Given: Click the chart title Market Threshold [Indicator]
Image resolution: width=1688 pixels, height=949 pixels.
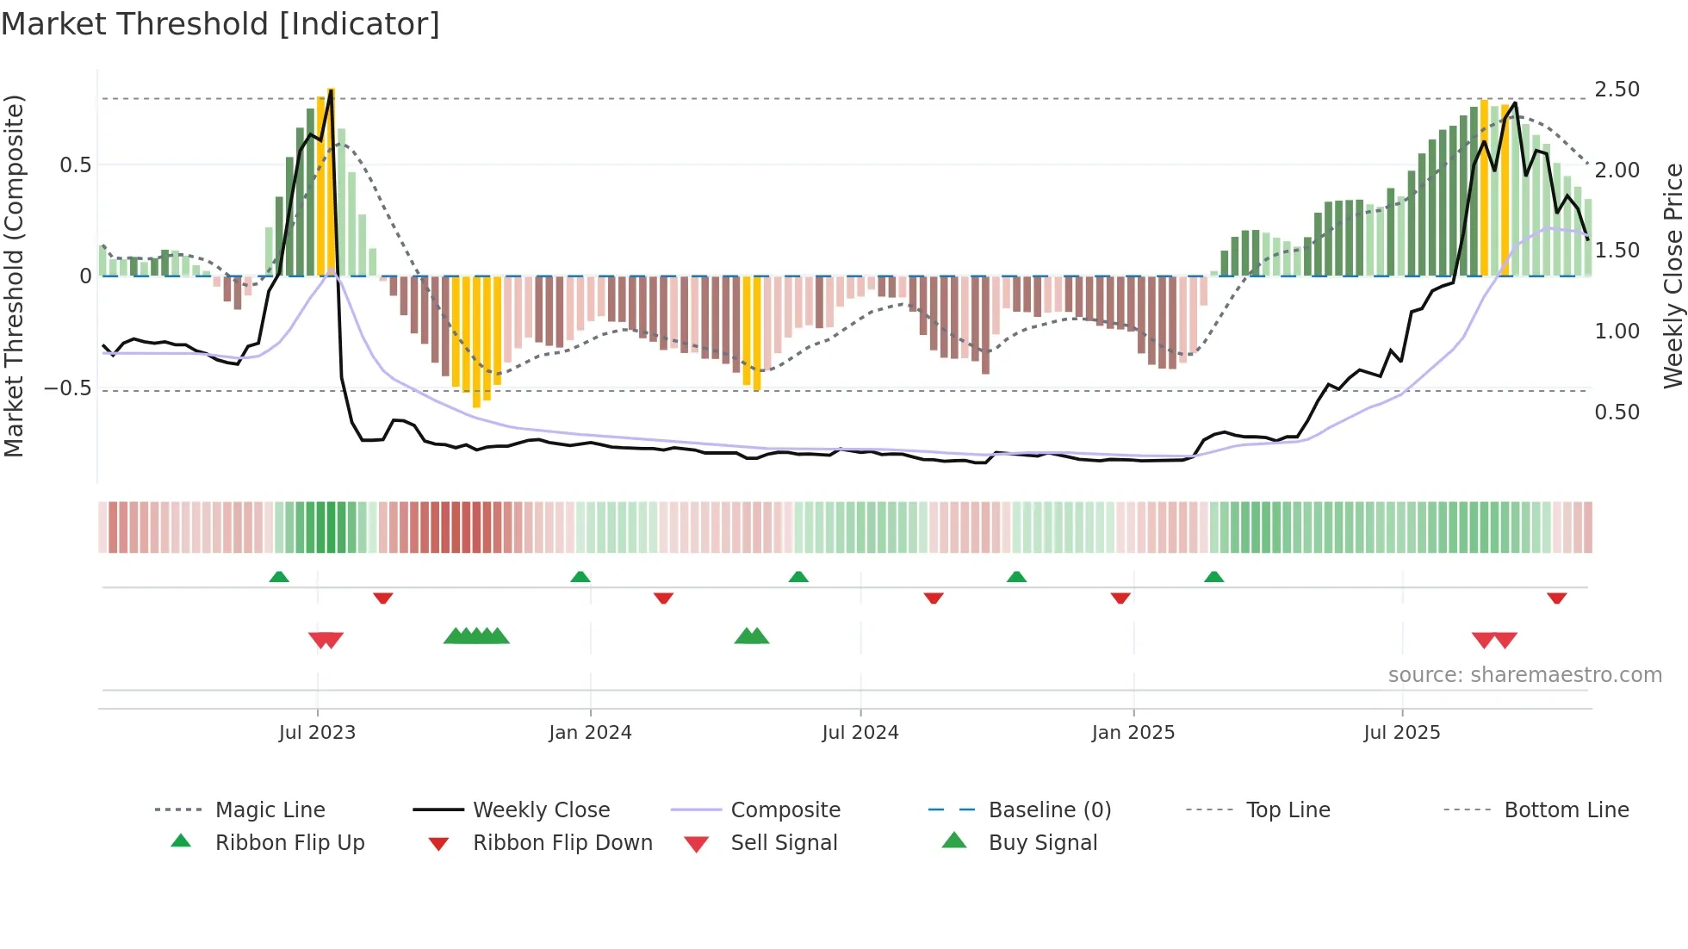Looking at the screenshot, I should tap(220, 24).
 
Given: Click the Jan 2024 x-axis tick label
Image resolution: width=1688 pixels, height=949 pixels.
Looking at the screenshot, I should tap(590, 732).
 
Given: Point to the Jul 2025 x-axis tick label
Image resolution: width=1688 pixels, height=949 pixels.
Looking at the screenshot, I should tap(1401, 732).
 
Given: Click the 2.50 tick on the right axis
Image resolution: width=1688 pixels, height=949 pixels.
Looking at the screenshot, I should tap(1617, 90).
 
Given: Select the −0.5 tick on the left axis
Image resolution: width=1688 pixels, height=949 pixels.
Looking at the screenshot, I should tap(68, 388).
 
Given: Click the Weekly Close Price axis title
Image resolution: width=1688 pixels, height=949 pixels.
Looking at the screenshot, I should tap(1672, 276).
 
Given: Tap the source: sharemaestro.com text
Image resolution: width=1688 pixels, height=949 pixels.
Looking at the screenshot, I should tap(1524, 674).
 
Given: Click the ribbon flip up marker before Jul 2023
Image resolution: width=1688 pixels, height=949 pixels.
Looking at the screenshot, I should tap(279, 577).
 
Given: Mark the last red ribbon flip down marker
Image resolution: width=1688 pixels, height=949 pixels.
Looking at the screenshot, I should tap(1556, 598).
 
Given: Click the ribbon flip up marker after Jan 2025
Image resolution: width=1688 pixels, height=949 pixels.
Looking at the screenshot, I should tap(1213, 577).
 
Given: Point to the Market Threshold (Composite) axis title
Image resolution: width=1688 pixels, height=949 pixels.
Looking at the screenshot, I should tap(14, 276).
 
